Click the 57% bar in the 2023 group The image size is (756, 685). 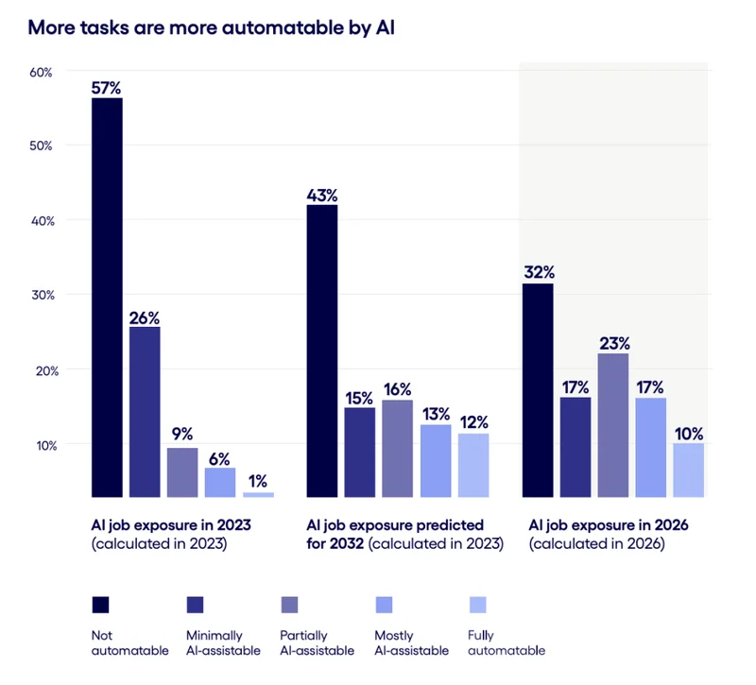[x=107, y=297]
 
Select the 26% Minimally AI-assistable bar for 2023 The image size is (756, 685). [x=145, y=411]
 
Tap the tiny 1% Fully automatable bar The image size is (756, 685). [x=258, y=494]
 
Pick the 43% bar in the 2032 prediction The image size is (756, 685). [x=321, y=351]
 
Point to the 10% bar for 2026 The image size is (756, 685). [x=689, y=470]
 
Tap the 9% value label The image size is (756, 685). [x=181, y=435]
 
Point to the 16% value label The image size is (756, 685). [x=397, y=387]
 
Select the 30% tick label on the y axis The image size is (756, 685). [x=44, y=295]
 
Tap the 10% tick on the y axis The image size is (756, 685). [x=44, y=444]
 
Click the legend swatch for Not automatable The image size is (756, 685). [x=100, y=605]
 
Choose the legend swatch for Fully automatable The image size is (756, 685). [x=477, y=605]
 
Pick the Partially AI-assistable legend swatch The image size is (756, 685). [x=289, y=605]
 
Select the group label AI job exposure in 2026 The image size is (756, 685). [x=596, y=524]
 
